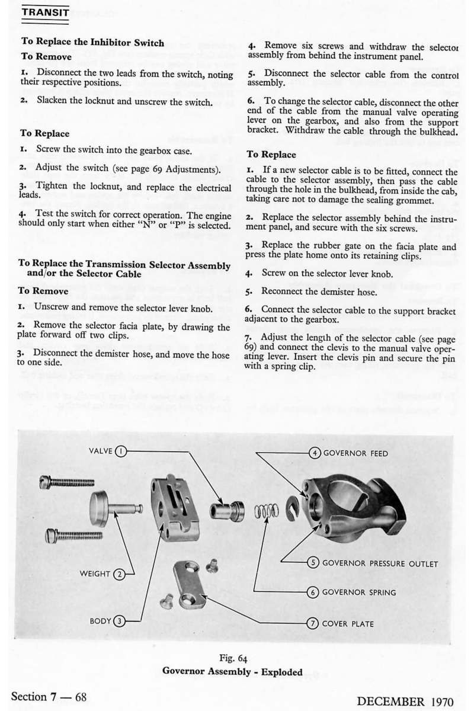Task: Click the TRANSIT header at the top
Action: [x=45, y=12]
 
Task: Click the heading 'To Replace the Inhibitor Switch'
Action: [x=92, y=42]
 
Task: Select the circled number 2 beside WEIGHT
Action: [x=120, y=574]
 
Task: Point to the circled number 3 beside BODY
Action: [x=120, y=621]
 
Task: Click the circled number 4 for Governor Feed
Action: [x=316, y=453]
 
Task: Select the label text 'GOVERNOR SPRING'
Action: [x=359, y=592]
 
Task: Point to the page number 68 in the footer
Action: [x=80, y=696]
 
